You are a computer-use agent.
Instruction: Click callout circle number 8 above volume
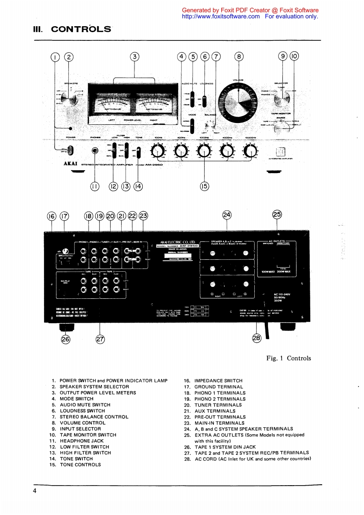(239, 57)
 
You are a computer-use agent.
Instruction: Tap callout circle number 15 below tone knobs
(204, 186)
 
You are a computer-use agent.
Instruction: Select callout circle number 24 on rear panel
(227, 214)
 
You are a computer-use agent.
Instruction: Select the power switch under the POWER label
(71, 150)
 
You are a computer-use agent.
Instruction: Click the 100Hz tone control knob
(158, 150)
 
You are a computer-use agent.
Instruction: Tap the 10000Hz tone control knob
(250, 150)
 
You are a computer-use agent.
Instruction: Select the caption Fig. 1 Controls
(289, 358)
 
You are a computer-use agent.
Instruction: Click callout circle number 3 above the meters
(134, 57)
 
